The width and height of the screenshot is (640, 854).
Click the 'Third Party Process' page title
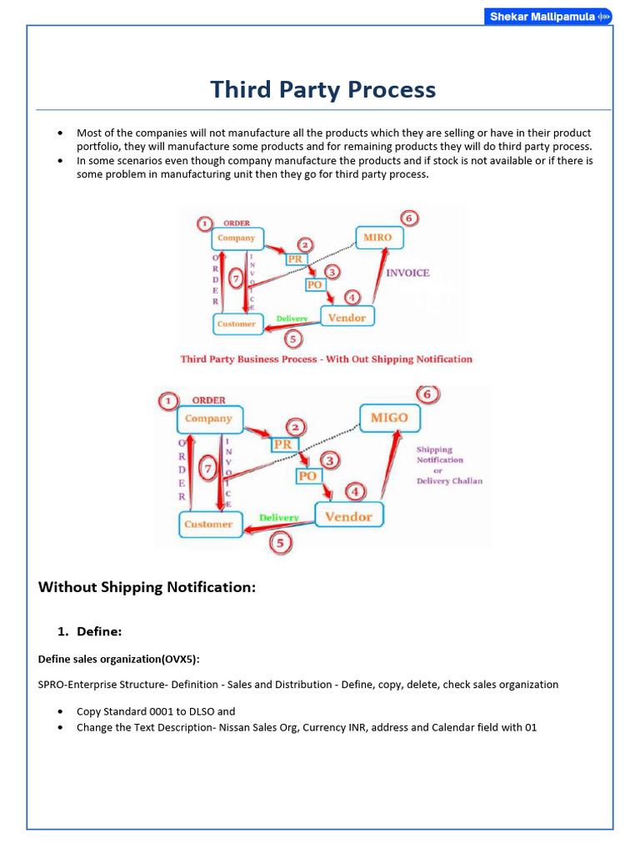322,89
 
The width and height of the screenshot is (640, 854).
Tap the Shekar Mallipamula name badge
547,17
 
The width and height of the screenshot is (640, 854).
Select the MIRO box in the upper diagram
377,238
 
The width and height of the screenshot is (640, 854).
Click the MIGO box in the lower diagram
389,418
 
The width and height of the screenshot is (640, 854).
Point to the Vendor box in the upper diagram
347,318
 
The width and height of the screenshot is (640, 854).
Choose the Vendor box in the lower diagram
348,517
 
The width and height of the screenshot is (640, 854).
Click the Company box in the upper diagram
237,239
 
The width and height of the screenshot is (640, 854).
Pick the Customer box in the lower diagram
208,525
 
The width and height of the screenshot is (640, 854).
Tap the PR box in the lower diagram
283,445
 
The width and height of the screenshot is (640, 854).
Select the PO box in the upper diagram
314,284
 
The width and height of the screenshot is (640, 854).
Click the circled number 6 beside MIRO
407,219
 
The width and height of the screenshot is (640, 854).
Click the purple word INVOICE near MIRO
407,273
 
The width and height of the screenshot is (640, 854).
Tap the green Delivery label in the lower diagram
278,518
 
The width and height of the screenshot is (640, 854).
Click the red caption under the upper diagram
326,359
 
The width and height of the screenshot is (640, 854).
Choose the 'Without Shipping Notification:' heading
147,587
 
